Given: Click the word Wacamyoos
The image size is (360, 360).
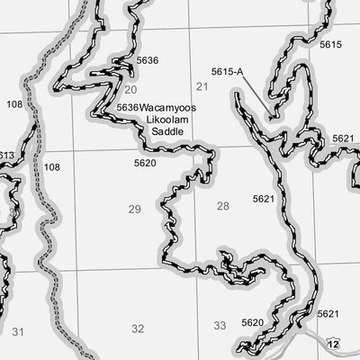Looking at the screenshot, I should [x=168, y=107].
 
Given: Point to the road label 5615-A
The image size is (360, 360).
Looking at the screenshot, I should [x=228, y=71].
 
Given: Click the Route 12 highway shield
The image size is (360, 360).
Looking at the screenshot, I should [x=335, y=344].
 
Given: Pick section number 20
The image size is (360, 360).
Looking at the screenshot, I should [x=131, y=89].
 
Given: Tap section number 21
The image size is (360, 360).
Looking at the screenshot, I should [x=202, y=86].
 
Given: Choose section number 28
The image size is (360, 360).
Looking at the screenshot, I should [x=223, y=206].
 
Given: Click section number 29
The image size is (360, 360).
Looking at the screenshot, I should [x=135, y=209].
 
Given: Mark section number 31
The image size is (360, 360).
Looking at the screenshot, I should [x=19, y=331].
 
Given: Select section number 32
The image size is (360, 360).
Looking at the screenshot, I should [x=138, y=328].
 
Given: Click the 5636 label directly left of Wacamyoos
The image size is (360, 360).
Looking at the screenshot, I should [x=128, y=107].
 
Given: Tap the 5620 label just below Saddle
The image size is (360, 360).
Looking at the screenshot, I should [x=145, y=163].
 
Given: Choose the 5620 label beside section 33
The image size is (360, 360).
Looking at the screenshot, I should [x=253, y=322].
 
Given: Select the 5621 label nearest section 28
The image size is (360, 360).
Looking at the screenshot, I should [x=264, y=197].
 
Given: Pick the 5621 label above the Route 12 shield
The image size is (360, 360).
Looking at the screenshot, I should [x=328, y=313].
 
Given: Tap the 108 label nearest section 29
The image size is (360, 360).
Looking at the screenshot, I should [x=52, y=167].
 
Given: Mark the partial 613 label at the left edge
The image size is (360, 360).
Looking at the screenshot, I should [x=6, y=156].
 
